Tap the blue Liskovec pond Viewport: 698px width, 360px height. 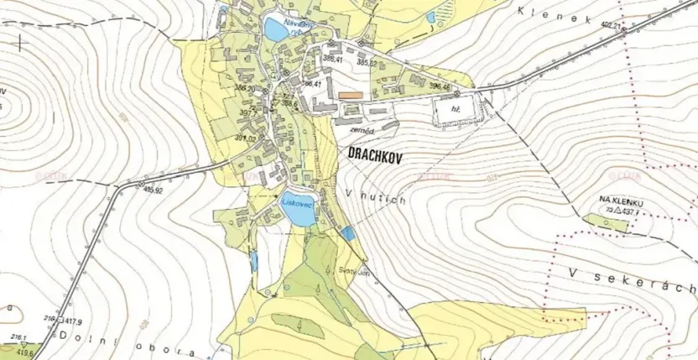(296, 213)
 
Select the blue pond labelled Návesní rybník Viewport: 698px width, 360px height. (274, 30)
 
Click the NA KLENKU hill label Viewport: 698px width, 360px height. (621, 200)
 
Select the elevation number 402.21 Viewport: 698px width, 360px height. (611, 27)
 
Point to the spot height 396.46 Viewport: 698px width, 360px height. (440, 86)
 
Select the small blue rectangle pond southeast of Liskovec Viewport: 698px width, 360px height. (346, 233)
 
